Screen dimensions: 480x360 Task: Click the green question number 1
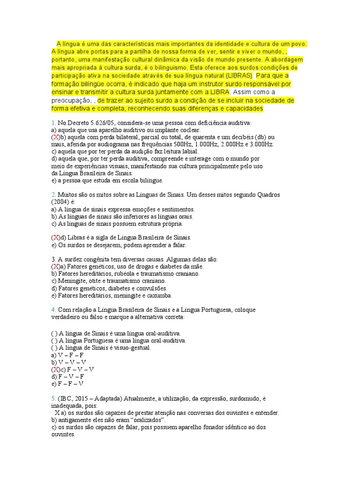(53, 123)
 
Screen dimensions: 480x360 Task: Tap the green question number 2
(53, 194)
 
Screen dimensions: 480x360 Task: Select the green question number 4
(53, 310)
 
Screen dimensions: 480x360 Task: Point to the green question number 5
(53, 398)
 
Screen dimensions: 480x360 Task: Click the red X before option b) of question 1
(55, 137)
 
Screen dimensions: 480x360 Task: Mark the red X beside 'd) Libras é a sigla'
(55, 238)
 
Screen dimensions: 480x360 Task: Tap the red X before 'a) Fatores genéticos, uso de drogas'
(55, 266)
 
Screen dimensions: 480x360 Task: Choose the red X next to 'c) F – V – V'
(55, 369)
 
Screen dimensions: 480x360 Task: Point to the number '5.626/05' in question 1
(96, 123)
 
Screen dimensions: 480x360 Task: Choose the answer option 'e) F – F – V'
(67, 383)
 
